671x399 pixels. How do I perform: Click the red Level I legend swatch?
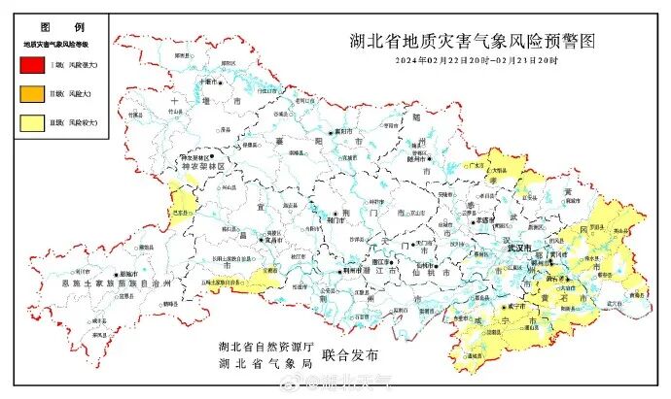pos(31,66)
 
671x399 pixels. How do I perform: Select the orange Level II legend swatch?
pos(31,95)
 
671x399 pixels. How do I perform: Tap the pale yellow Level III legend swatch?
pos(31,123)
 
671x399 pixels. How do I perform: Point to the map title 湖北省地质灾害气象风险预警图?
pos(471,42)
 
